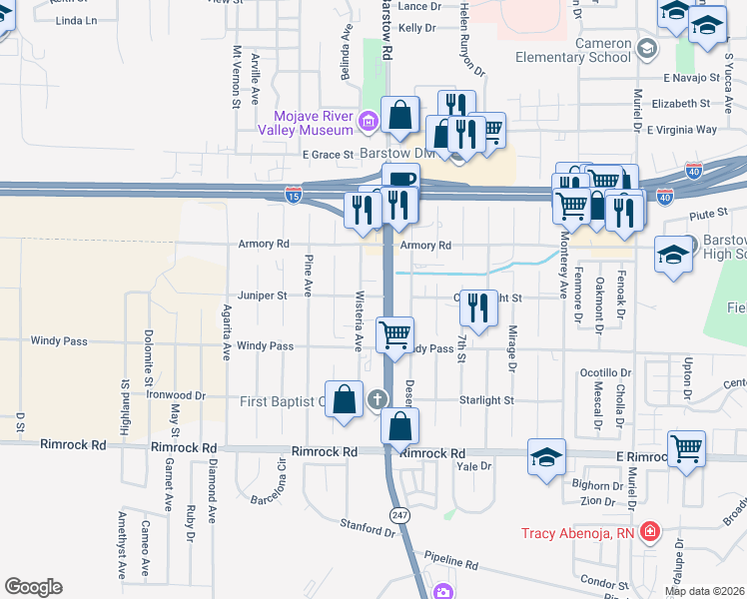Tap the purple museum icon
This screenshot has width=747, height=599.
click(367, 122)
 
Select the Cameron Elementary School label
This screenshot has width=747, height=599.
click(573, 50)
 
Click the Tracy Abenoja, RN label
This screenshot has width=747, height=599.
click(578, 533)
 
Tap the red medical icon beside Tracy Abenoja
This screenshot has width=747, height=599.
click(650, 532)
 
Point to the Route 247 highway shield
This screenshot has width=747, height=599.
click(399, 514)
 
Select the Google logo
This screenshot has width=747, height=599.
click(33, 587)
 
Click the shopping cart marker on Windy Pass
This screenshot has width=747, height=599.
click(395, 334)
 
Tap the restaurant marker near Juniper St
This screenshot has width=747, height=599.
click(480, 307)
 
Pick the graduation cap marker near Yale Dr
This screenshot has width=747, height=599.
click(545, 458)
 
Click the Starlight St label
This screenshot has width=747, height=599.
click(486, 400)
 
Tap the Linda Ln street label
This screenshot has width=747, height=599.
click(79, 20)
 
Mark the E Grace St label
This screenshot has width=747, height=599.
click(328, 155)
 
